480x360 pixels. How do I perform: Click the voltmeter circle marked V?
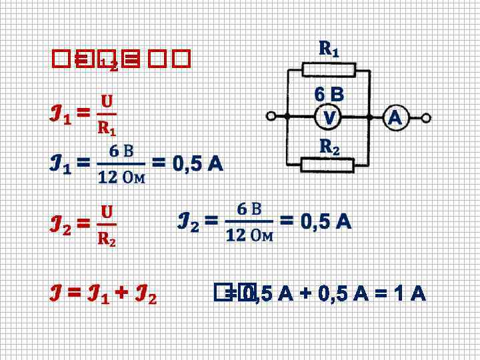point(329,118)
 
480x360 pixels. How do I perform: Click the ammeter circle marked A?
point(394,118)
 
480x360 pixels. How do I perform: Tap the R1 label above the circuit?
point(329,49)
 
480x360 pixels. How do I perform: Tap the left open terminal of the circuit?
point(271,117)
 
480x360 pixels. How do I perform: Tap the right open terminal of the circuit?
point(426,118)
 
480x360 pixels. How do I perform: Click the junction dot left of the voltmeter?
point(287,117)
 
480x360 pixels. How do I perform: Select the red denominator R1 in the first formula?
point(107,127)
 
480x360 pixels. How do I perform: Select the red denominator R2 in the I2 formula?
point(107,238)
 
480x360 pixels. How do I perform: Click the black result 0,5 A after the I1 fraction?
point(188,163)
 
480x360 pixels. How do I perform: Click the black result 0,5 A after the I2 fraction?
point(315,221)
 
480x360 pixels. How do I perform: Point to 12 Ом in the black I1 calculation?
point(122,177)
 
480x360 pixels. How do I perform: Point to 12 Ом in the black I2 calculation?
point(250,235)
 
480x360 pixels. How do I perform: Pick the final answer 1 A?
point(411,294)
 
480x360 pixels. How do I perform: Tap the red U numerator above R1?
point(107,102)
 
